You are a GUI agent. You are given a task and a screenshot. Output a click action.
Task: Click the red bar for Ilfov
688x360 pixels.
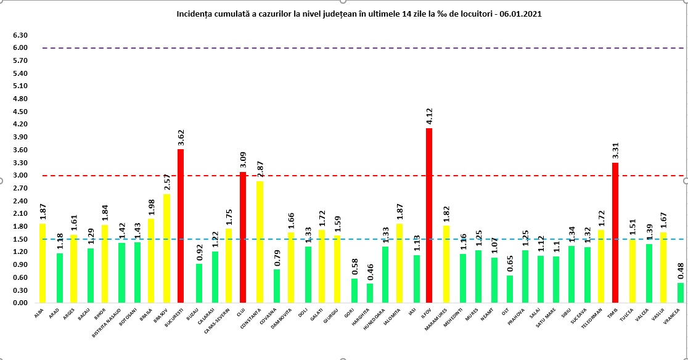(x=429, y=216)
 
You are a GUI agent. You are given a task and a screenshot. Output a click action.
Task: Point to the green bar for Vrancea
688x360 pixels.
(x=680, y=293)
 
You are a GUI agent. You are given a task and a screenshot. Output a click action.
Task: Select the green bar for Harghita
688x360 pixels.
(x=370, y=293)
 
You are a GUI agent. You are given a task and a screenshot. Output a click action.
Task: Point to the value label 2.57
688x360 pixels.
(x=165, y=183)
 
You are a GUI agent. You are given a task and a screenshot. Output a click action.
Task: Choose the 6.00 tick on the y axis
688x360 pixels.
(x=20, y=47)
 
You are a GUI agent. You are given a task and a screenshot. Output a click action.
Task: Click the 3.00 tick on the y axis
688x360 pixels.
(x=20, y=176)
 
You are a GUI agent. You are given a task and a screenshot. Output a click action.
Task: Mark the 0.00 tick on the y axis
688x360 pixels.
(x=20, y=303)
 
